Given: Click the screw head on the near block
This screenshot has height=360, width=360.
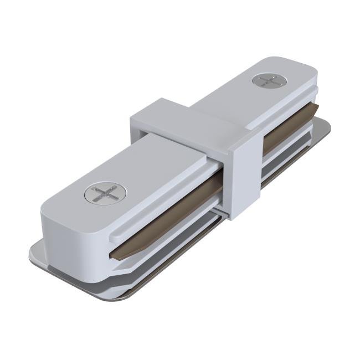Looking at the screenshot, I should (x=105, y=194).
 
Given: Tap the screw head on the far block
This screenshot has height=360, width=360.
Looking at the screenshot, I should (x=271, y=81).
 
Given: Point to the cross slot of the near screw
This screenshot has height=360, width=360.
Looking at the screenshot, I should (x=105, y=194).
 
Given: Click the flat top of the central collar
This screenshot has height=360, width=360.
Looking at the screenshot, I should (x=188, y=119).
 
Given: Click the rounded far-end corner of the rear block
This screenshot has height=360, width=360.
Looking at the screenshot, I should (x=313, y=72).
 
